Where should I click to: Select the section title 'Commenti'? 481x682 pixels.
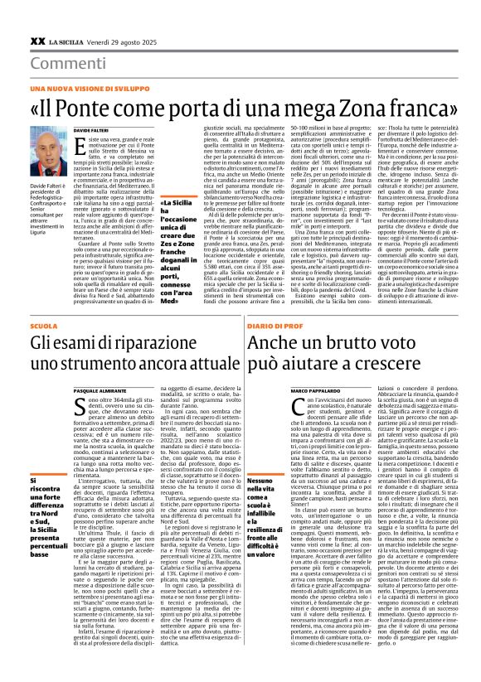click(x=63, y=64)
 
